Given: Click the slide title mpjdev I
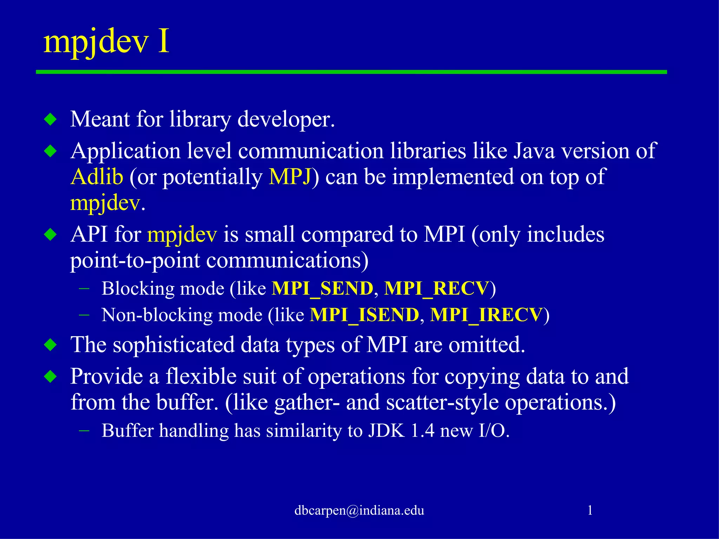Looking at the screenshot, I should [x=106, y=42].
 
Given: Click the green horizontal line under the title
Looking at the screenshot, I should [x=351, y=72].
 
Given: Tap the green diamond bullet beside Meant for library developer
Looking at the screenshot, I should [x=51, y=120].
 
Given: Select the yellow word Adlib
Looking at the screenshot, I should [x=97, y=177].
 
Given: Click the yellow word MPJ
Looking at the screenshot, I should [x=290, y=177].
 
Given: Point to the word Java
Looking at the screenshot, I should [x=534, y=151].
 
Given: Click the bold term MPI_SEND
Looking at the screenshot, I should [x=322, y=289].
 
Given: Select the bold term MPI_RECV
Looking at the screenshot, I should [x=436, y=289].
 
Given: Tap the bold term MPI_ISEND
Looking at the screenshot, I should [x=364, y=315].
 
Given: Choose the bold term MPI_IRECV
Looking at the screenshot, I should [x=486, y=315].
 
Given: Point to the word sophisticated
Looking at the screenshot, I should [x=173, y=345].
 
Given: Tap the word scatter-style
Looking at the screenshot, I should [x=442, y=402].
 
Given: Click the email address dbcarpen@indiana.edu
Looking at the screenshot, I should [x=359, y=511].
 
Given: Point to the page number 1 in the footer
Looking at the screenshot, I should [x=590, y=511].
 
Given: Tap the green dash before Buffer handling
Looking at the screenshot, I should [x=84, y=430].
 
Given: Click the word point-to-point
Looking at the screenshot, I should [x=135, y=261].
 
